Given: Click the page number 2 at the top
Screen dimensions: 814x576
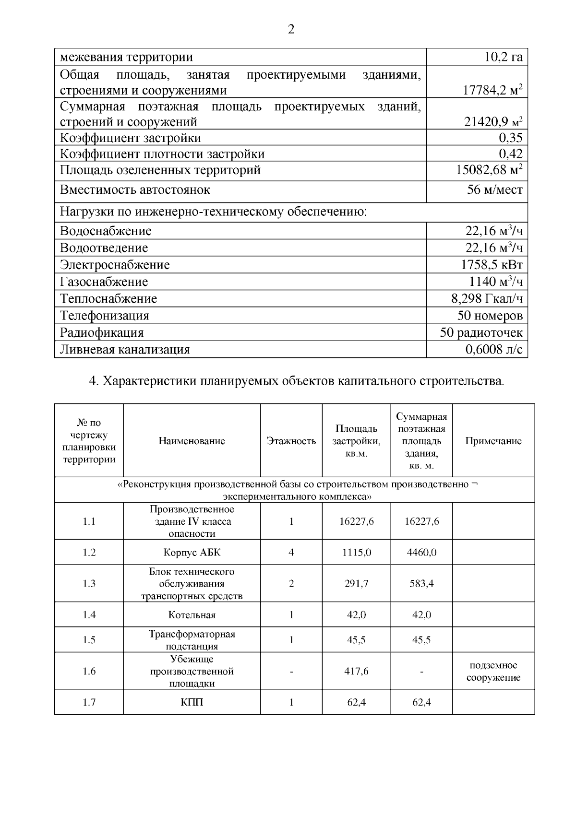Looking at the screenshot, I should (x=291, y=30).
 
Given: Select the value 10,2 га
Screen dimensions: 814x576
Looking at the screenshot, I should (x=503, y=58).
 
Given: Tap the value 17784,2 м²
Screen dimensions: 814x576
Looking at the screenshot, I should (x=492, y=90).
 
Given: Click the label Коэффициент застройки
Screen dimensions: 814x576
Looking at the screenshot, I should (x=131, y=138).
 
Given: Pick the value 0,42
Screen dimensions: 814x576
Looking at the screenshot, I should (x=510, y=154).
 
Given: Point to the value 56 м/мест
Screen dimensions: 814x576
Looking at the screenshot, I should (x=495, y=190).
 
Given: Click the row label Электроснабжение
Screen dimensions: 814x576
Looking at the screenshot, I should (x=115, y=265).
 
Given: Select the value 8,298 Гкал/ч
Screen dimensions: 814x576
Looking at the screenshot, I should (x=487, y=299).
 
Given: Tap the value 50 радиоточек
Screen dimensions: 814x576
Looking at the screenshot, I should (x=481, y=332).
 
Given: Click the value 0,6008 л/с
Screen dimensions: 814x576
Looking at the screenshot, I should (x=493, y=350).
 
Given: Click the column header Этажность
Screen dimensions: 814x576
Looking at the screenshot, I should (x=291, y=441).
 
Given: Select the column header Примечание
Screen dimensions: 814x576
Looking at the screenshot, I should (x=493, y=441).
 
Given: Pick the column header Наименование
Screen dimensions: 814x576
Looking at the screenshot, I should (x=192, y=441).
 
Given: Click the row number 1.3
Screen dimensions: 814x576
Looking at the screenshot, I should (x=89, y=584).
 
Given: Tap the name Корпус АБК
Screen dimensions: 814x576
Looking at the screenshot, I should (x=192, y=553).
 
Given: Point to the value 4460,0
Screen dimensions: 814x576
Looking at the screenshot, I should (x=421, y=553).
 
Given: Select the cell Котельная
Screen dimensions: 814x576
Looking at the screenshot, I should (x=192, y=615).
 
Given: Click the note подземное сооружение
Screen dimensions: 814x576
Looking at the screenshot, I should (x=493, y=672).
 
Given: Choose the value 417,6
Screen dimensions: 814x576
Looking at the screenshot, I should (x=356, y=672).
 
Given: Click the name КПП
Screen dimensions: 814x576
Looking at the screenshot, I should (x=192, y=703).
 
